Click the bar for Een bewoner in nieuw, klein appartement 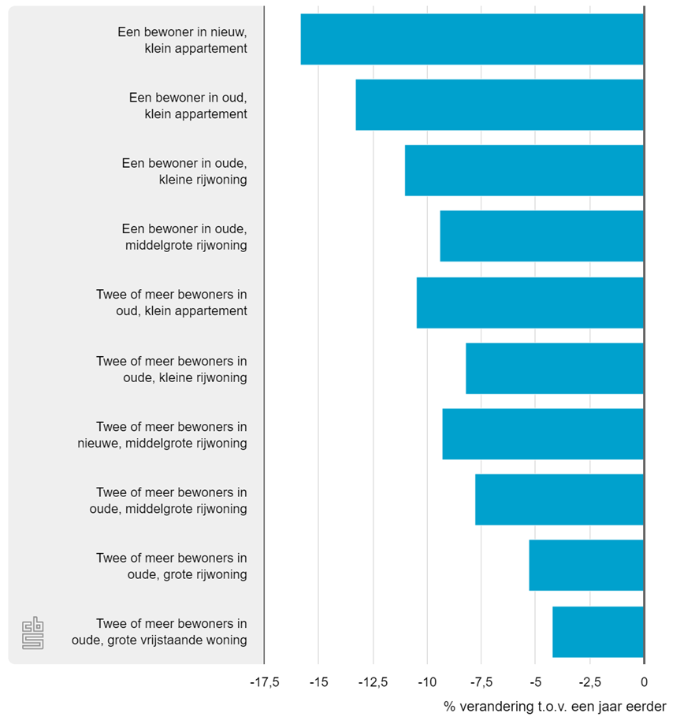[472, 39]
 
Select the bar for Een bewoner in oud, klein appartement [500, 105]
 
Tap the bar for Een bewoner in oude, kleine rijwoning [524, 170]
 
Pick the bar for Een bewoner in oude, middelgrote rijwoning [541, 236]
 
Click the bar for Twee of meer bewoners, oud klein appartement [530, 303]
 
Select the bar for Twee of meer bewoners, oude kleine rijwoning [555, 368]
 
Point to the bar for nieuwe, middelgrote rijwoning [543, 434]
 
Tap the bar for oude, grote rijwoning [586, 565]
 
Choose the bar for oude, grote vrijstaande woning [598, 631]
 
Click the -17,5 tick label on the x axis [264, 682]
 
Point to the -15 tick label [318, 682]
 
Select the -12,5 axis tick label [373, 682]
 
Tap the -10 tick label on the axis [427, 682]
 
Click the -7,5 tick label [481, 682]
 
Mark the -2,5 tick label [589, 682]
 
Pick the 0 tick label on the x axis [644, 682]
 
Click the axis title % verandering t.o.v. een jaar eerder [555, 706]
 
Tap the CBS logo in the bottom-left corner [32, 633]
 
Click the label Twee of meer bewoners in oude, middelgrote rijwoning [169, 500]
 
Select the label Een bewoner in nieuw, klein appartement [182, 40]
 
